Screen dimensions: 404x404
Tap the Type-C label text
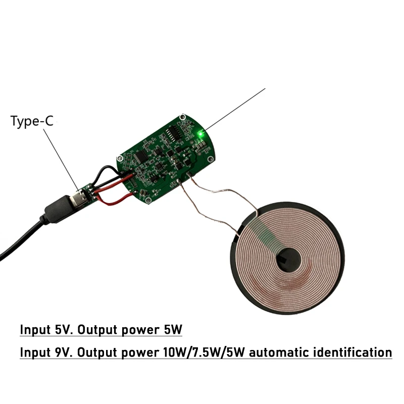pos(31,121)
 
